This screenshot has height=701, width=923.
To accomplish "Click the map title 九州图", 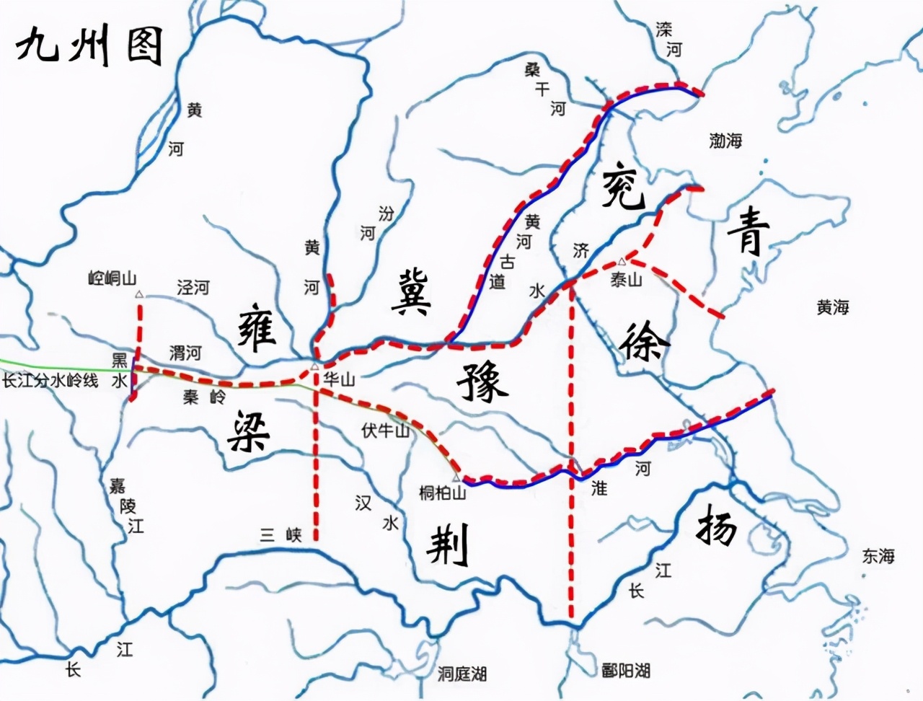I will point(89,47).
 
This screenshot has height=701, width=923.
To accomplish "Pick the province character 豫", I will point(482,382).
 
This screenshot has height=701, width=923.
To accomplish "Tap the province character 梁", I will point(249,431).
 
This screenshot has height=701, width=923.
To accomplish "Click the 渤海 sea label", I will point(725,141).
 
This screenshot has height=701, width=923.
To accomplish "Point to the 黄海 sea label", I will point(832,308).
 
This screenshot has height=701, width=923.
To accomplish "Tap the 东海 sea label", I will point(878,556).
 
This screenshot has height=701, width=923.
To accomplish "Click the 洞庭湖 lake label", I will point(462,674).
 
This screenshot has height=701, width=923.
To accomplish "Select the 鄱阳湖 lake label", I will point(627,671).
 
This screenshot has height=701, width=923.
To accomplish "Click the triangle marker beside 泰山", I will point(622,262).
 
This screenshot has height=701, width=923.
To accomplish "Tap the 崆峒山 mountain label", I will point(112,278).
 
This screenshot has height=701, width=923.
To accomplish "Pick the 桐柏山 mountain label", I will point(442,493).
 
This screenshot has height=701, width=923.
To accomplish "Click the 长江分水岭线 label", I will point(50,381).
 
